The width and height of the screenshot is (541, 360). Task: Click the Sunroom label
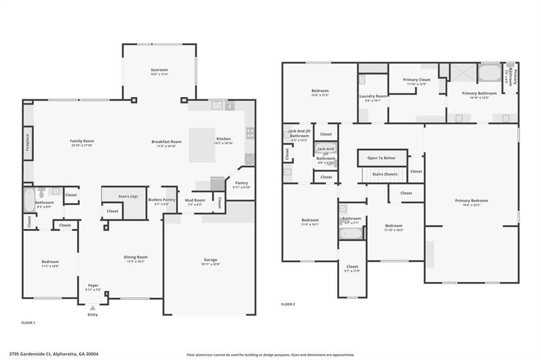(159, 70)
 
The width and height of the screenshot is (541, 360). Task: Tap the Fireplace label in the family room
(27, 143)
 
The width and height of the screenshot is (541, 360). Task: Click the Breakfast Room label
(166, 141)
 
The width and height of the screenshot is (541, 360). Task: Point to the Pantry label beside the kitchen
(241, 183)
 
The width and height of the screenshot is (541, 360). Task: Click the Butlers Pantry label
(162, 200)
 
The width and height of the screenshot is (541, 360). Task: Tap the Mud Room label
(194, 200)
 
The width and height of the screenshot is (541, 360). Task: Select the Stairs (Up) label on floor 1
(128, 196)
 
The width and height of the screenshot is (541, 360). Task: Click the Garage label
(210, 259)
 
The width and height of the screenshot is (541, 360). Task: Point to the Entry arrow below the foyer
(92, 308)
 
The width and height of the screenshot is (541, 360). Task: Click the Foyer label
(93, 285)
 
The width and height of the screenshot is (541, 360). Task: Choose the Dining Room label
(135, 257)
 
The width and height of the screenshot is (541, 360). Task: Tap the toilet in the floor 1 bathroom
(42, 193)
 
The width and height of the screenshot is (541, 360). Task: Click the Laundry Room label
(373, 96)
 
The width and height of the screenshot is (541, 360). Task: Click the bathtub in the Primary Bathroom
(489, 73)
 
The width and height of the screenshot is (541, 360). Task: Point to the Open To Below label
(381, 158)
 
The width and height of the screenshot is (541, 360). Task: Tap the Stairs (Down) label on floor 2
(385, 174)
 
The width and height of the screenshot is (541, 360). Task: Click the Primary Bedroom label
(471, 200)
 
